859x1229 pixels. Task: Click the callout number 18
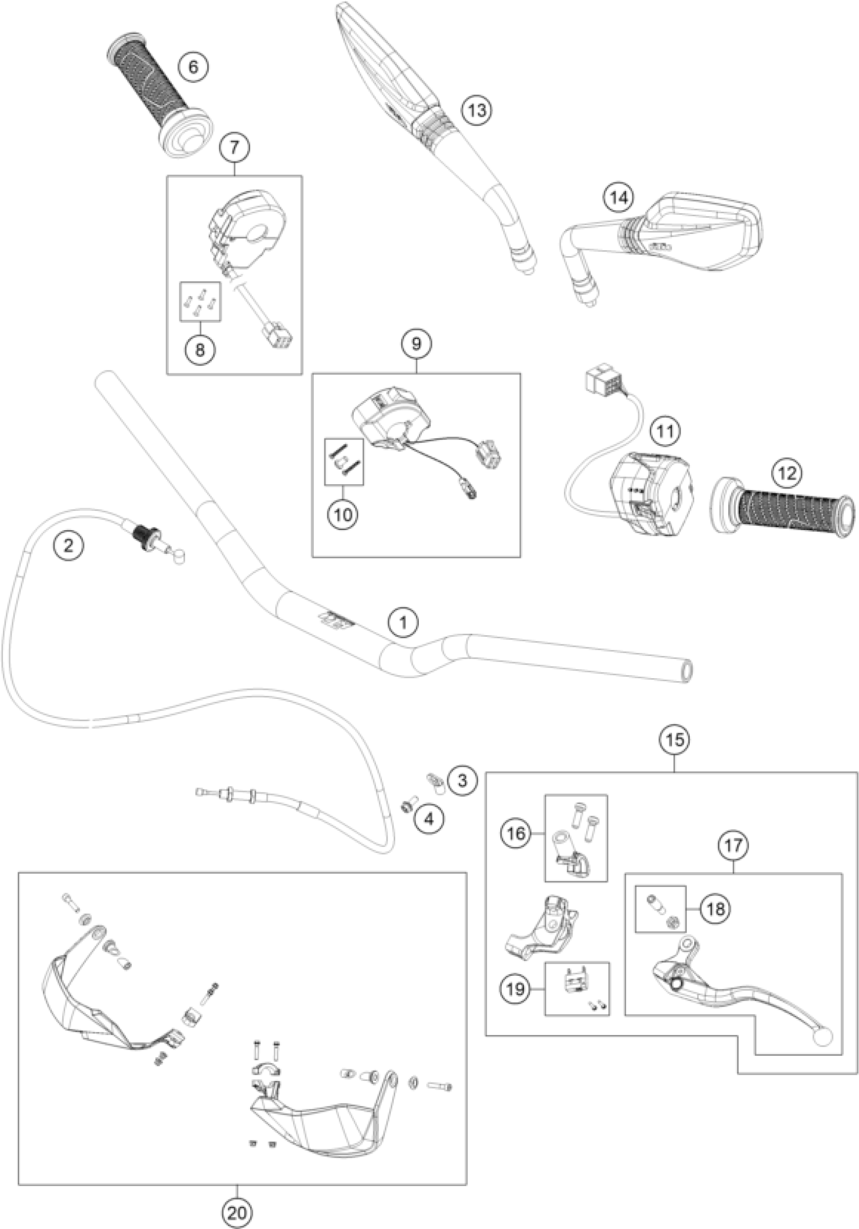pos(715,909)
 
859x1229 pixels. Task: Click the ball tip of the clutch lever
pos(822,1037)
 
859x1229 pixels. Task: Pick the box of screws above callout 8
pos(199,301)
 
